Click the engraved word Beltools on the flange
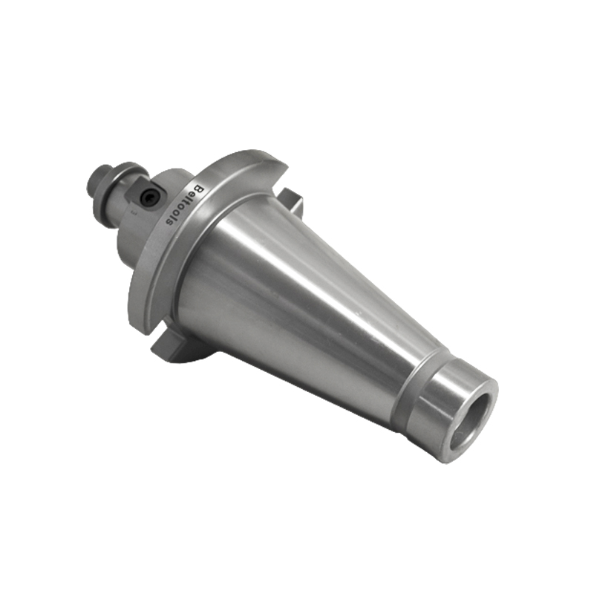point(183,206)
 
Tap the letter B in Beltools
point(199,189)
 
